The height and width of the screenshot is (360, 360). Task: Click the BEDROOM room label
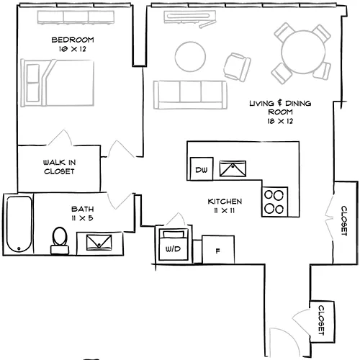(73, 40)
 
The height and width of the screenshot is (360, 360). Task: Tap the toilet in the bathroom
(60, 240)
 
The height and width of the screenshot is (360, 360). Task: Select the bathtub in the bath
(19, 224)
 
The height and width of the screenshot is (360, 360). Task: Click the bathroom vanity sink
(99, 243)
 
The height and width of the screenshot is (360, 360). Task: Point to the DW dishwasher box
(202, 168)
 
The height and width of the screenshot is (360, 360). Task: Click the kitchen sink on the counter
(233, 168)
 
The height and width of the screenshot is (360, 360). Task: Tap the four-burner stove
(274, 202)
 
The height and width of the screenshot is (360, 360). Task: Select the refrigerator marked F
(218, 250)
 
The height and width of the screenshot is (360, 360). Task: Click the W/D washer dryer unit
(174, 244)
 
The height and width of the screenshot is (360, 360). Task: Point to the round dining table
(303, 53)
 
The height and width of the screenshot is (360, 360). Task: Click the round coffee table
(190, 57)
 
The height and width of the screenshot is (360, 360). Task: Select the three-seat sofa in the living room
(190, 95)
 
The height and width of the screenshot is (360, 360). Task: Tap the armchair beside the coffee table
(238, 67)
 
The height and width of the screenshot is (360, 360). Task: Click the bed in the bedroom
(58, 83)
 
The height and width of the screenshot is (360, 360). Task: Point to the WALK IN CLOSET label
(59, 167)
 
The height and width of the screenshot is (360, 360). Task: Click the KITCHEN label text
(225, 202)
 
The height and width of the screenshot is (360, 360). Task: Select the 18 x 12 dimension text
(280, 121)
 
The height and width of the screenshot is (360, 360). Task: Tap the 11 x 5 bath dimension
(82, 218)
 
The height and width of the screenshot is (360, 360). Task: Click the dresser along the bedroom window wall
(76, 17)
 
